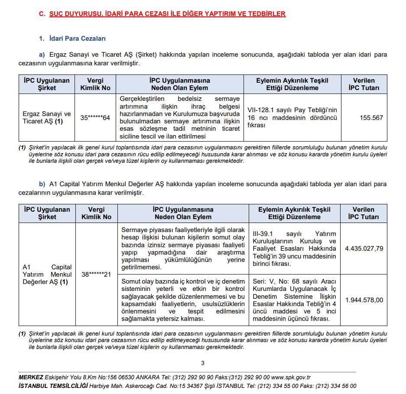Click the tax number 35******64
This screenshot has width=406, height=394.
click(95, 118)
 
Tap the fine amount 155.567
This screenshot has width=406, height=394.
click(371, 118)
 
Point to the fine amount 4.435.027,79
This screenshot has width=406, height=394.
click(364, 249)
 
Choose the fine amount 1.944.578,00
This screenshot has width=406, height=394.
click(364, 300)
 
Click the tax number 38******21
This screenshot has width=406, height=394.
click(96, 275)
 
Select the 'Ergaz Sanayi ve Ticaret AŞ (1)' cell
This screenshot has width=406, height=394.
click(47, 118)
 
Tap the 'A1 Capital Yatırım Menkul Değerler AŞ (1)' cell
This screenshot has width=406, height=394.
click(47, 275)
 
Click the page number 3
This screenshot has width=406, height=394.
click(203, 363)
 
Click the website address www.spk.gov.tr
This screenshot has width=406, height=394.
click(291, 378)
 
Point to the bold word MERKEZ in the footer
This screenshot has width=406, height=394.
click(31, 378)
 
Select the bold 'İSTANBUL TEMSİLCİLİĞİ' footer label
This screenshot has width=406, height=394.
click(53, 386)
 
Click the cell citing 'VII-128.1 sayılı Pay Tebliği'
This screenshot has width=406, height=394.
click(292, 118)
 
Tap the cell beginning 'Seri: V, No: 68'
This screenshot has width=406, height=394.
click(294, 300)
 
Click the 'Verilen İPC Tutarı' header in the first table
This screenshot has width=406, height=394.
click(364, 84)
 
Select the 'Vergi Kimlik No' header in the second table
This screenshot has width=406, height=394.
click(96, 213)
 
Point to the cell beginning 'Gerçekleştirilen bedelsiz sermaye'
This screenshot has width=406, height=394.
click(179, 118)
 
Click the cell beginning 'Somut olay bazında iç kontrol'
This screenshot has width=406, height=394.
click(183, 300)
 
